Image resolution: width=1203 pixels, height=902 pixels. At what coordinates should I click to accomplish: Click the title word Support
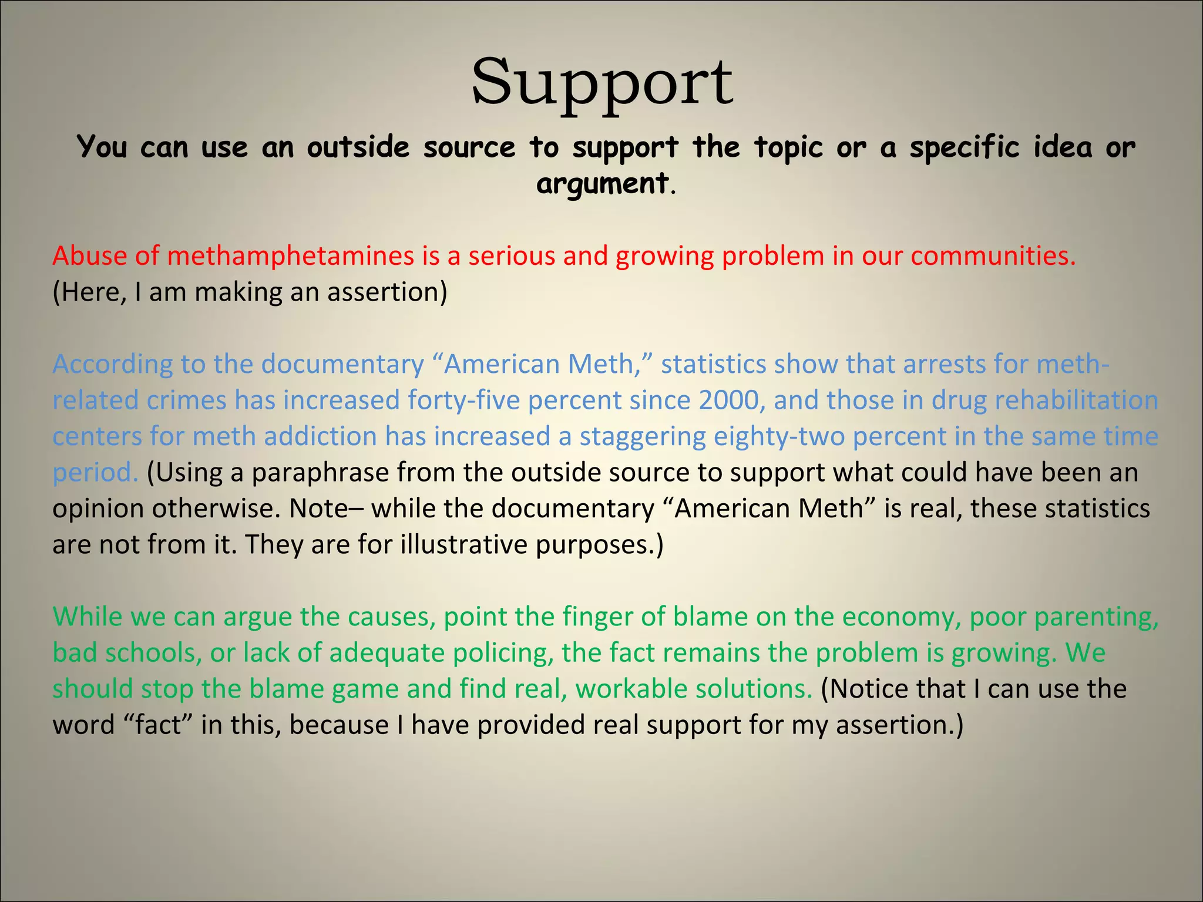tap(601, 82)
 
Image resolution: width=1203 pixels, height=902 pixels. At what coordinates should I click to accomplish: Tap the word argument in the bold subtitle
tap(602, 183)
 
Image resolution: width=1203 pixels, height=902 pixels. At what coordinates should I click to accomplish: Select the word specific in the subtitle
tap(964, 147)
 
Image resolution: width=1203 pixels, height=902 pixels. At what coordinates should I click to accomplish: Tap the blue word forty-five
tap(463, 400)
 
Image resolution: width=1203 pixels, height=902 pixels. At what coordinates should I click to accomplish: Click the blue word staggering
tap(643, 437)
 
